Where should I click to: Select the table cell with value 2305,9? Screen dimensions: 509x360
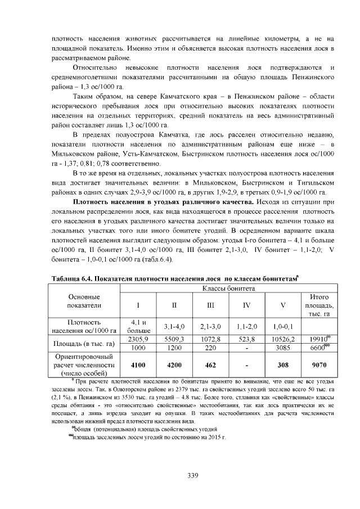pyautogui.click(x=138, y=339)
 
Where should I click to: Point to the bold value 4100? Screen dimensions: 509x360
pyautogui.click(x=138, y=364)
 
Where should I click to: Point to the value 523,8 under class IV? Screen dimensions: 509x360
pyautogui.click(x=246, y=339)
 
